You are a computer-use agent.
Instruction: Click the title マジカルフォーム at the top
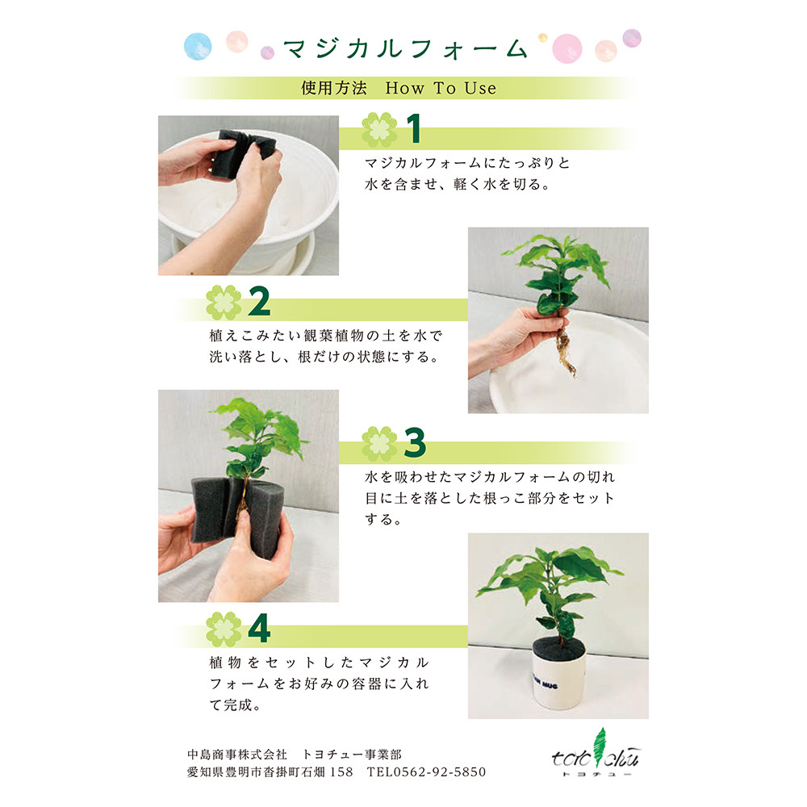click(x=406, y=49)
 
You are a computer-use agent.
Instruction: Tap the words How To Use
click(x=441, y=88)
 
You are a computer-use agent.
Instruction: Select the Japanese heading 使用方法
click(x=334, y=88)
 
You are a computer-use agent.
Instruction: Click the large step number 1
click(x=414, y=128)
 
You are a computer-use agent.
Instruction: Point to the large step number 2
click(x=259, y=301)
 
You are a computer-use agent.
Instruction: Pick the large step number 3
click(x=415, y=442)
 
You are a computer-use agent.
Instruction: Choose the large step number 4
click(x=259, y=629)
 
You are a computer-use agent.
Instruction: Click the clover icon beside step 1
click(x=379, y=130)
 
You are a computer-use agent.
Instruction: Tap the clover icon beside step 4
click(x=224, y=629)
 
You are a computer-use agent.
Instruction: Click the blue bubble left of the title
click(x=198, y=46)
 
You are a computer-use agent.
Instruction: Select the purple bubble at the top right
click(x=632, y=38)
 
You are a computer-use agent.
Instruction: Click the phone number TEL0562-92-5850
click(x=426, y=772)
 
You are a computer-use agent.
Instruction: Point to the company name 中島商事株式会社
click(x=236, y=755)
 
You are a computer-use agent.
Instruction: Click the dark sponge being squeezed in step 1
click(x=244, y=155)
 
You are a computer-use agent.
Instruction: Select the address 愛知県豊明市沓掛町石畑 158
click(x=270, y=772)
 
